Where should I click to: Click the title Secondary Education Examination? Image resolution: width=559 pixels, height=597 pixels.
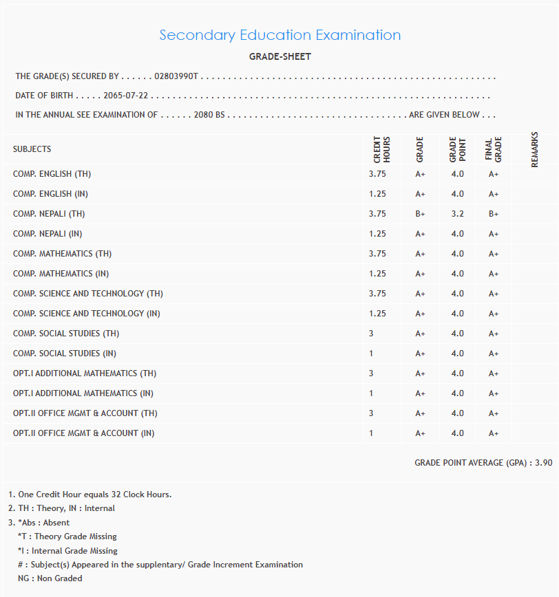(279, 35)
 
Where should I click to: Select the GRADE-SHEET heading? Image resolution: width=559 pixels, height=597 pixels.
(279, 57)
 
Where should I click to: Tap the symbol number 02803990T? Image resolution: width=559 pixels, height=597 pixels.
(176, 77)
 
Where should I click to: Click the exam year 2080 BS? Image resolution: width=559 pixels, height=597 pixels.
(209, 116)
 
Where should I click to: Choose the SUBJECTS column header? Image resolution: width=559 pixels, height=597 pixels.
(32, 149)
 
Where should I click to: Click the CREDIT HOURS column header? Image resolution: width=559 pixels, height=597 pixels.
(381, 149)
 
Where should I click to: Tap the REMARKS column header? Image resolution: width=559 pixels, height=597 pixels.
(535, 149)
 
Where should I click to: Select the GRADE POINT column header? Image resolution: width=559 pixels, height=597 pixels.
(457, 149)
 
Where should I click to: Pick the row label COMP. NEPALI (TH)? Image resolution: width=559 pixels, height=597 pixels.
(49, 214)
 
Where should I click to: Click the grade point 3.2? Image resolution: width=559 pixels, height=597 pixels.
(457, 214)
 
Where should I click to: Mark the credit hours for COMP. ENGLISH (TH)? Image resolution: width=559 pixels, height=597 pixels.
(377, 174)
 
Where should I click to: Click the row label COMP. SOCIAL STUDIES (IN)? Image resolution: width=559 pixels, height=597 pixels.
(65, 354)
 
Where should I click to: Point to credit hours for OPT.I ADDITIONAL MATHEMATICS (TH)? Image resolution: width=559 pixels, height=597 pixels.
(371, 373)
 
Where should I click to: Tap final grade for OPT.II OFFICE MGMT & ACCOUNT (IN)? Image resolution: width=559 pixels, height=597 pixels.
(494, 433)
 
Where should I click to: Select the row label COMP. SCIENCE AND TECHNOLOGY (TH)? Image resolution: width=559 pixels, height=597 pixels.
(88, 294)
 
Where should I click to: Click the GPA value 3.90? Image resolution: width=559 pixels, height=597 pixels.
(543, 463)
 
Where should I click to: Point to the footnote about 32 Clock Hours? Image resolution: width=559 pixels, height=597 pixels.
(90, 495)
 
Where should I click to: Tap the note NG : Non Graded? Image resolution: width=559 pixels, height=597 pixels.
(50, 578)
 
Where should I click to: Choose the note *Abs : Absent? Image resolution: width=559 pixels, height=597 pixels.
(43, 523)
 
